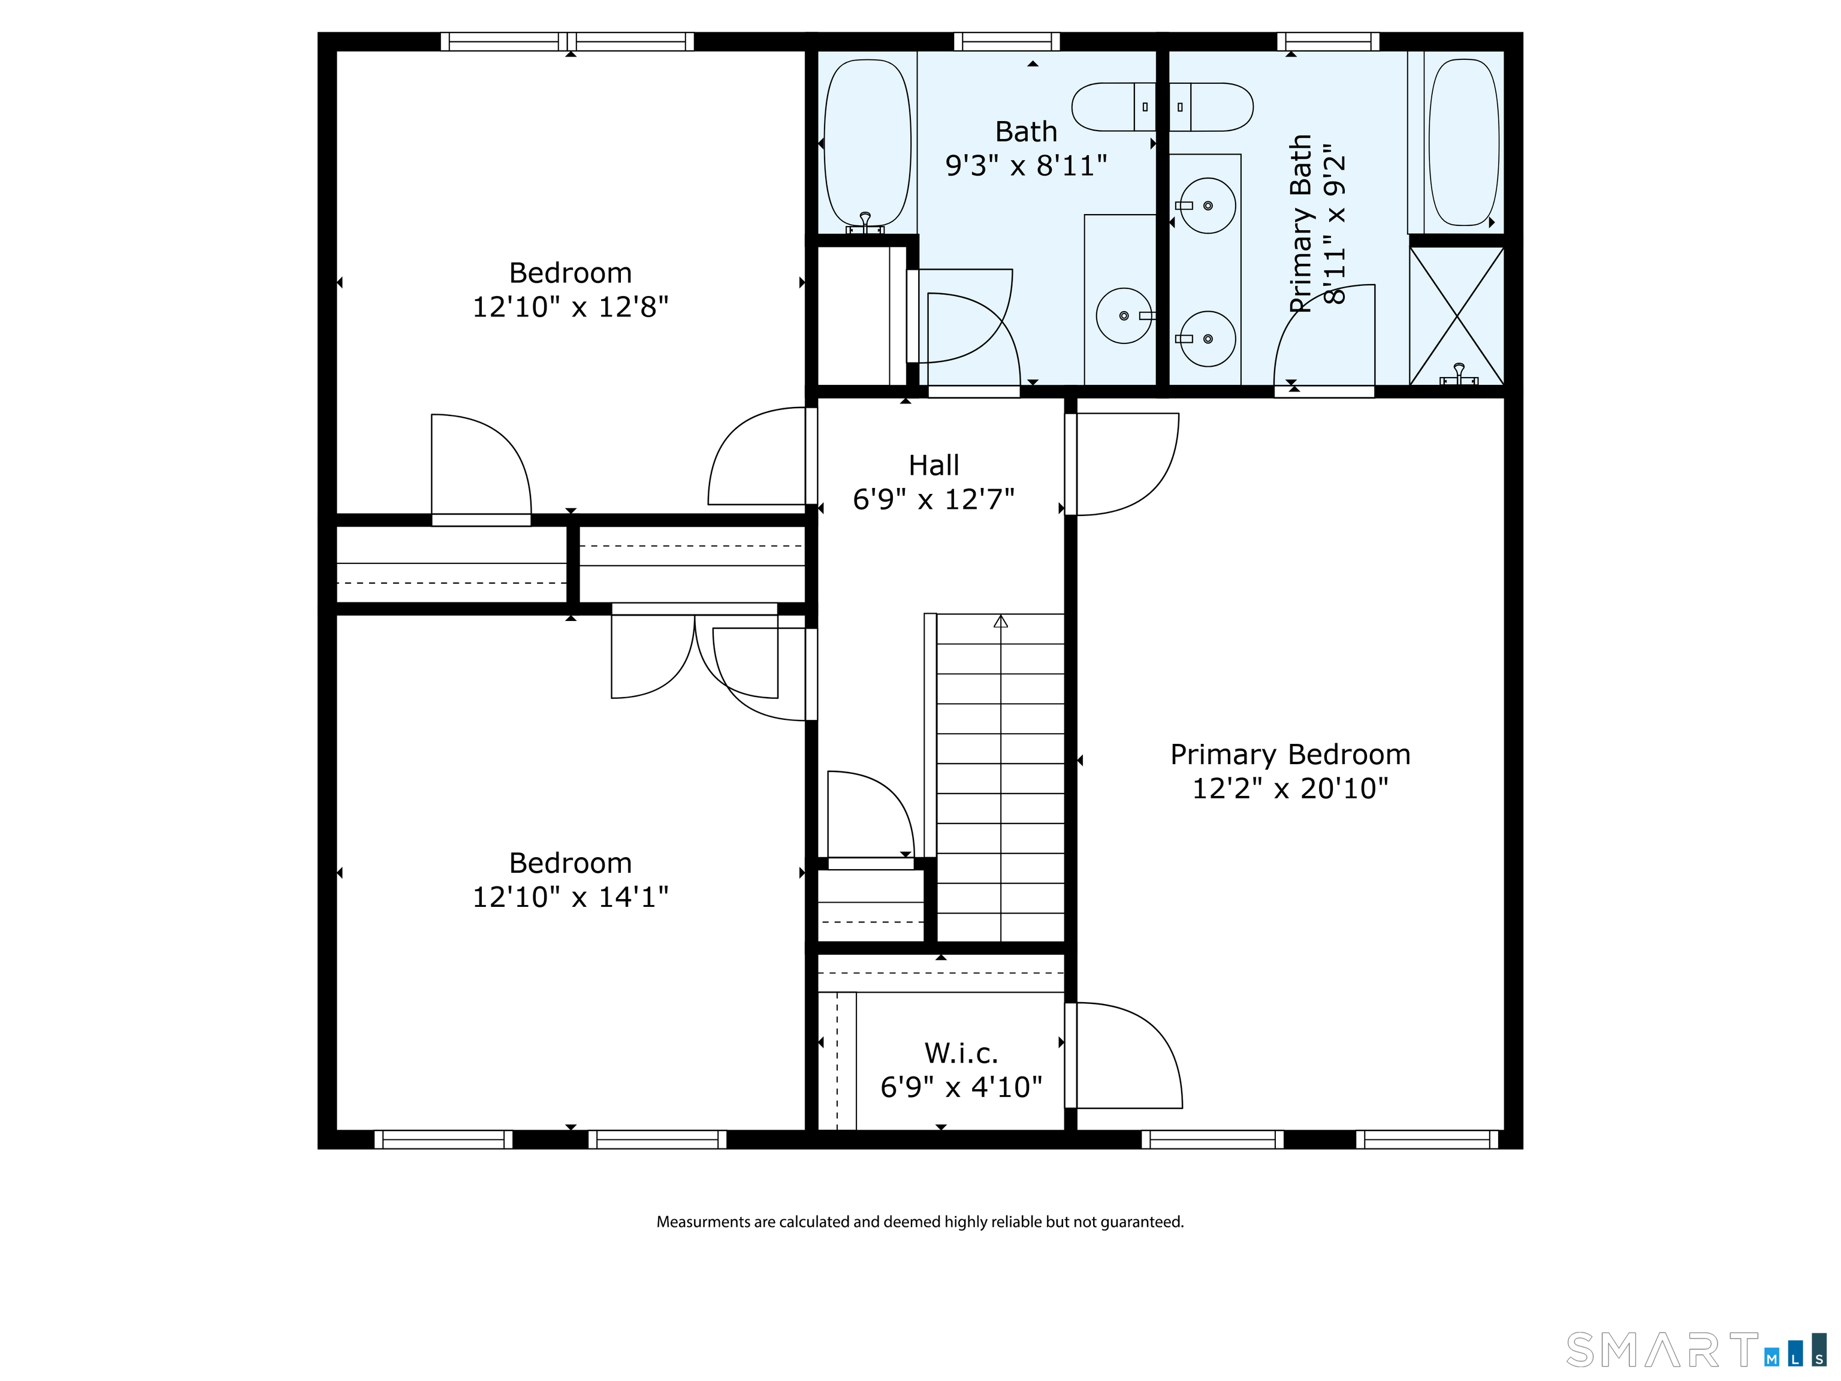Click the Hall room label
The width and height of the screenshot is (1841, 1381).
(934, 465)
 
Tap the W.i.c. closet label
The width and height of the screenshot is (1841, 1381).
(961, 1053)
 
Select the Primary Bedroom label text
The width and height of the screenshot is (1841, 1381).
(1290, 754)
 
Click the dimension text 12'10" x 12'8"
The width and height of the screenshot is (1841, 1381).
(570, 306)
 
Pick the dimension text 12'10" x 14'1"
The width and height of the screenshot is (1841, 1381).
(570, 897)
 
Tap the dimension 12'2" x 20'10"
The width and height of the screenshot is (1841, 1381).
(1290, 788)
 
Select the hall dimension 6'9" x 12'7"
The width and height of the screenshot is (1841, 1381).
(934, 499)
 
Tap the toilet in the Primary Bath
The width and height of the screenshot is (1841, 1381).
(1211, 107)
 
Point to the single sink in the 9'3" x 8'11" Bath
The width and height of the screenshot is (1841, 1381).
(1124, 315)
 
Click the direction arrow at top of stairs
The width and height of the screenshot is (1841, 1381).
(1000, 621)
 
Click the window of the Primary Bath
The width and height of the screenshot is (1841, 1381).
(1329, 41)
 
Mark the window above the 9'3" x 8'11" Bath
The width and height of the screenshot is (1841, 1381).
(1007, 41)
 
